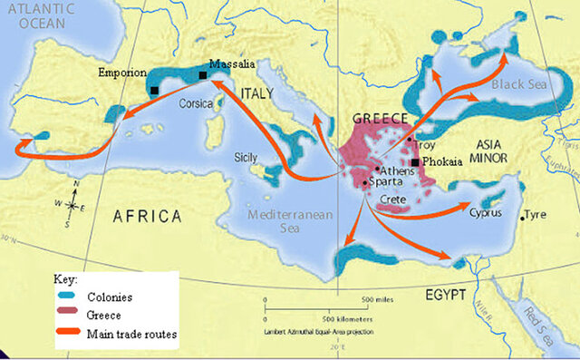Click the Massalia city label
coord(231,64)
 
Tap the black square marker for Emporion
coord(155,90)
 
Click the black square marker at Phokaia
coord(415,162)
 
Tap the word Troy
coord(424,145)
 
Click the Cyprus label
coord(487,215)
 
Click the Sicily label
coord(246,156)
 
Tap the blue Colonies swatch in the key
coord(65,297)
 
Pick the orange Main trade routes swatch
coord(65,335)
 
